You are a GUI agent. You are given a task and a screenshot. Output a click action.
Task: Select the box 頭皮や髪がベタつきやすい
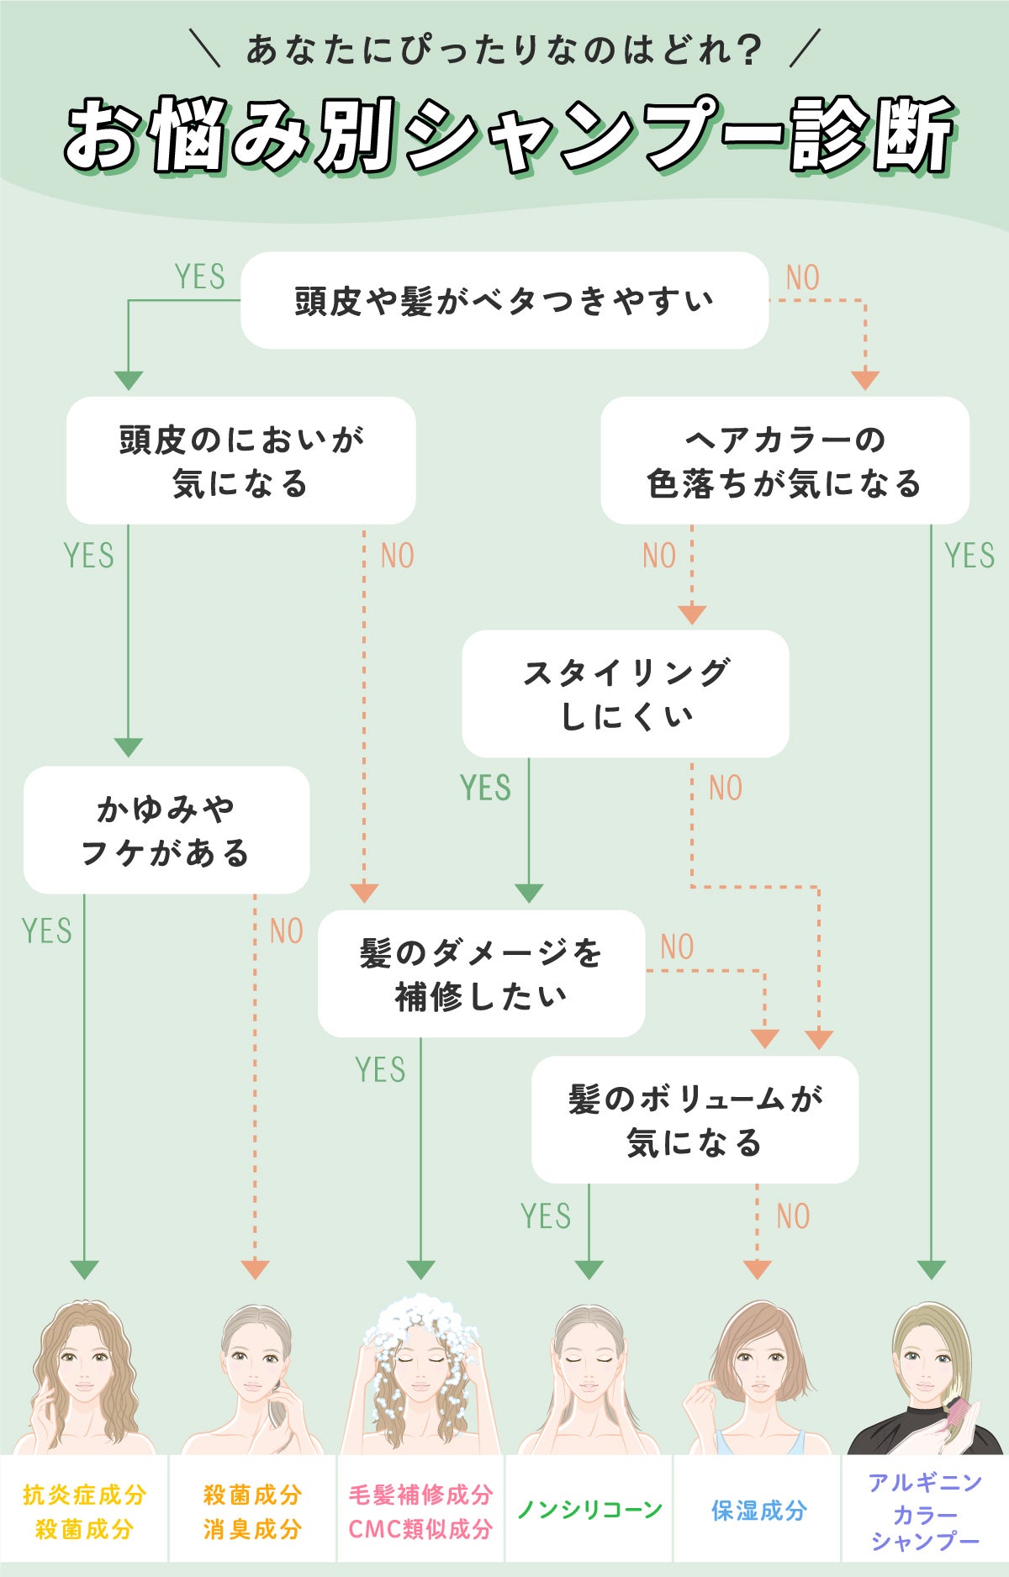pos(504,300)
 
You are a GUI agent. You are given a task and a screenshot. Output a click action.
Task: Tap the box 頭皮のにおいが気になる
pos(240,461)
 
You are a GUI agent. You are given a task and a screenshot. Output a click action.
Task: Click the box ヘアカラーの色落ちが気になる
pos(784,461)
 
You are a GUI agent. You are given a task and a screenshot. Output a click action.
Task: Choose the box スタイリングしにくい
pos(626,694)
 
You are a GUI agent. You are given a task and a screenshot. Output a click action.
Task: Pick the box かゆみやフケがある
pos(166,830)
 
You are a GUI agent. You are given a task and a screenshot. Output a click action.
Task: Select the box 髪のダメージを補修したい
pos(481,973)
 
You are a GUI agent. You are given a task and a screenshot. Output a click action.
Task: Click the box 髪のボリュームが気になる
pos(695,1120)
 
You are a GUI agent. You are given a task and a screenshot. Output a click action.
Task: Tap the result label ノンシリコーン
pos(589,1510)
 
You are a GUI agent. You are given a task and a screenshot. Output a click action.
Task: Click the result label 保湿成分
pos(758,1510)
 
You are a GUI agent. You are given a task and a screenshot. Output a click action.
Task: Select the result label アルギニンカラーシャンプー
pos(925,1511)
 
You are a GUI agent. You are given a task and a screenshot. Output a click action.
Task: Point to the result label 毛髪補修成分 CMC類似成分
pos(420,1511)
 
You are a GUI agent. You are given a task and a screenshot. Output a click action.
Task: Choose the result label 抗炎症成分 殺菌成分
pos(84,1511)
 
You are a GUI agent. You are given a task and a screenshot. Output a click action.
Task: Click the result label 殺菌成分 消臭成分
pos(252,1511)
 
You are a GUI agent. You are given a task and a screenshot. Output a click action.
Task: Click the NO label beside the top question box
pos(802,277)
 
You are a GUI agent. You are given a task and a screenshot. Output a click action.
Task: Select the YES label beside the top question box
pos(199,277)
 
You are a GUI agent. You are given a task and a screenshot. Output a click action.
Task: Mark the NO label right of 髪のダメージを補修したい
pos(677,947)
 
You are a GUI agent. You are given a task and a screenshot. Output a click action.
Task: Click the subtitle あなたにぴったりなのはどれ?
pos(504,50)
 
